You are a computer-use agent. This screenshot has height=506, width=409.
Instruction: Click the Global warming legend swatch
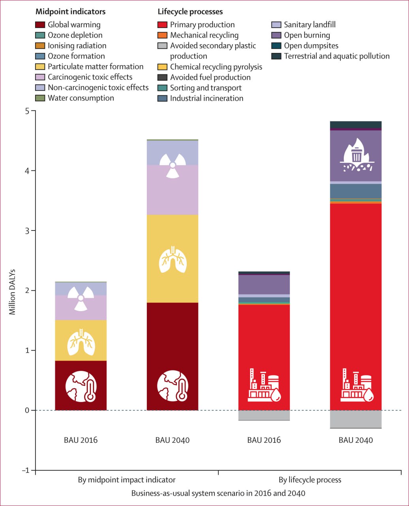[40, 25]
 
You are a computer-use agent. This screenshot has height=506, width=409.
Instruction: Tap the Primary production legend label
[202, 25]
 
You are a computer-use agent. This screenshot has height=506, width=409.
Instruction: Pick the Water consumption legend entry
[81, 98]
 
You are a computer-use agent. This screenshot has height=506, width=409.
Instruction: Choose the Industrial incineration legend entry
[206, 98]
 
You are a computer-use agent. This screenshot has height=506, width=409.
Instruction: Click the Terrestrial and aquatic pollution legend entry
[336, 56]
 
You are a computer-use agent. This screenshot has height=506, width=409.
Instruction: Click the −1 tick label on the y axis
[25, 470]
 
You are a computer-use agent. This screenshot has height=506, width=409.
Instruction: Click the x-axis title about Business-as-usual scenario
[218, 493]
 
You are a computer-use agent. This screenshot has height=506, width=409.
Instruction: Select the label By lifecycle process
[310, 480]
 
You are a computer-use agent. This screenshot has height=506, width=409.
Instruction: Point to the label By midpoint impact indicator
[126, 480]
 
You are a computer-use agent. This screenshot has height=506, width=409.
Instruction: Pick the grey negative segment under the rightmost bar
[356, 419]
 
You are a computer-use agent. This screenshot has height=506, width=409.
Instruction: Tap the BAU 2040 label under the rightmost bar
[356, 440]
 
